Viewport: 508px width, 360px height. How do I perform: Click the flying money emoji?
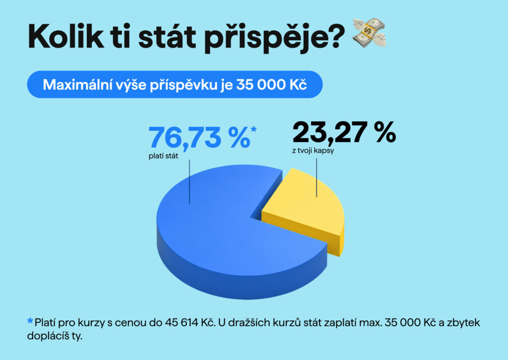(369, 33)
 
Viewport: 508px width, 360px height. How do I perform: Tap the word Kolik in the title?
(66, 36)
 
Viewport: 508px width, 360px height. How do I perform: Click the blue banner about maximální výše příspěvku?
(175, 84)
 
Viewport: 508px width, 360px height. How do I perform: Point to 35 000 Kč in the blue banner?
(271, 85)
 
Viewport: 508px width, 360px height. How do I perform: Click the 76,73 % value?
(199, 137)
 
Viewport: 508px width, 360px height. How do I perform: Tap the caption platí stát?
(163, 156)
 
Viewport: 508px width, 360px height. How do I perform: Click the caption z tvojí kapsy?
(313, 151)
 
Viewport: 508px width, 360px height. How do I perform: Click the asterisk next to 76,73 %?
(254, 129)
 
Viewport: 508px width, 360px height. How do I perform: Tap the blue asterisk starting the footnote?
(30, 321)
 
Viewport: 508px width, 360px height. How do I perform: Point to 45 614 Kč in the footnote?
(190, 323)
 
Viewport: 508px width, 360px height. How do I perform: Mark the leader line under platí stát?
(190, 181)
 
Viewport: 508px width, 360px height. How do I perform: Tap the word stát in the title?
(167, 36)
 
